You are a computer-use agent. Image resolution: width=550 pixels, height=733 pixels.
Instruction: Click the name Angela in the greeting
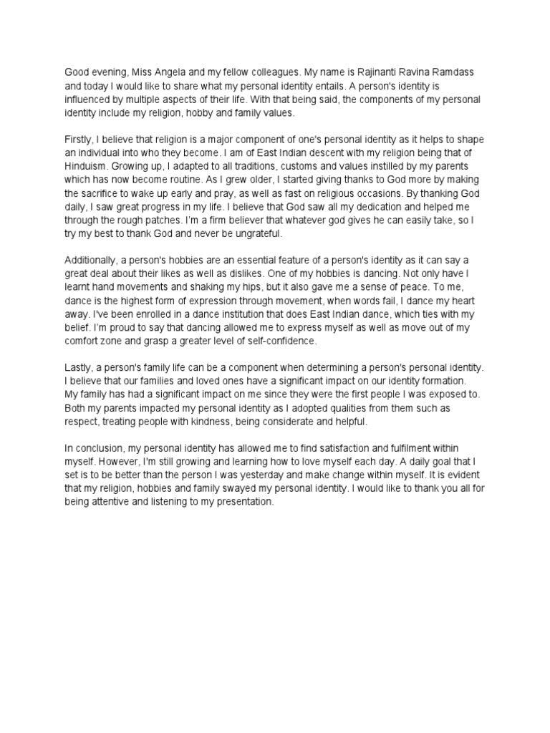[168, 72]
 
